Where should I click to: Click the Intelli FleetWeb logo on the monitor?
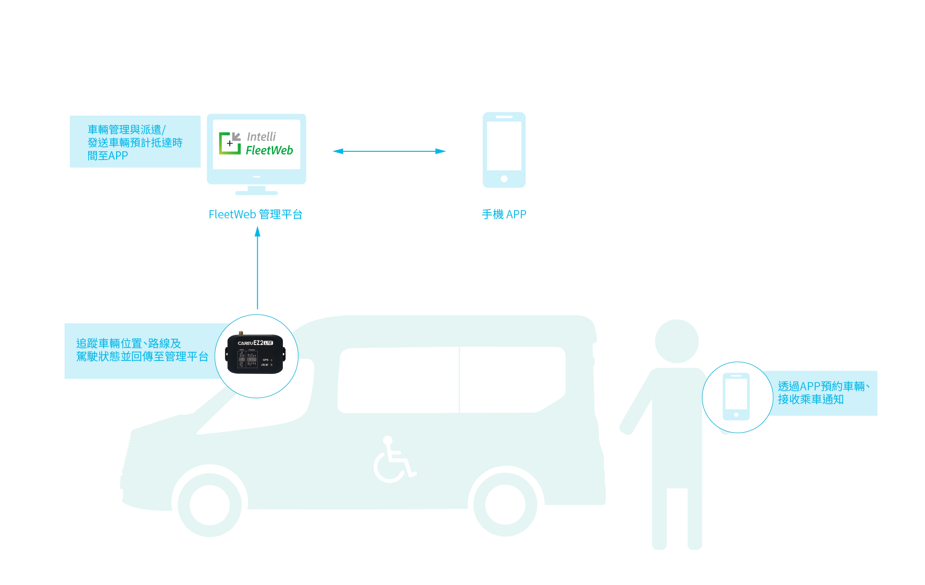[x=256, y=144]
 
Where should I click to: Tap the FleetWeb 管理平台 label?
[x=255, y=214]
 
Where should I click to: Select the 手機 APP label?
[x=504, y=214]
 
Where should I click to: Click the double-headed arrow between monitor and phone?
[x=389, y=151]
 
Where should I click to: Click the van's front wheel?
[x=210, y=504]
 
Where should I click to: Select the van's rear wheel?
[x=505, y=504]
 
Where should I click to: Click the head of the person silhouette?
[x=676, y=341]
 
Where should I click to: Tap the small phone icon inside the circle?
[x=736, y=397]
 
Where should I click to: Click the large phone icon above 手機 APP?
[x=504, y=150]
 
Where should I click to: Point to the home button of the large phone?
[x=504, y=179]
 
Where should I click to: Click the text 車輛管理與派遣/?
[x=127, y=130]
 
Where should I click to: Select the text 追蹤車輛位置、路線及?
[x=129, y=343]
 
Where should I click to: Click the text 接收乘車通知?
[x=811, y=399]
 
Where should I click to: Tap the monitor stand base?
[x=256, y=193]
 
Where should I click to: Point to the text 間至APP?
[x=108, y=156]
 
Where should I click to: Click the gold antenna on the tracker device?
[x=241, y=332]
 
